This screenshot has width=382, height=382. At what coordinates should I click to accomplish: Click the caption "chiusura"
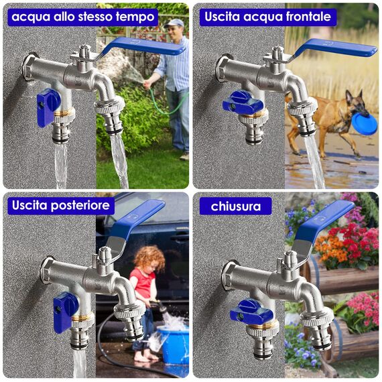236,206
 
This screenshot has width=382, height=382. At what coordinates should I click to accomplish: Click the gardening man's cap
175,23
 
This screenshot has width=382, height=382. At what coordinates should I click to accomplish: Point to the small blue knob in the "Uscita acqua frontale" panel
243,103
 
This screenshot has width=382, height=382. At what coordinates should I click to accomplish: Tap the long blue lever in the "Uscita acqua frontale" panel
335,48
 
